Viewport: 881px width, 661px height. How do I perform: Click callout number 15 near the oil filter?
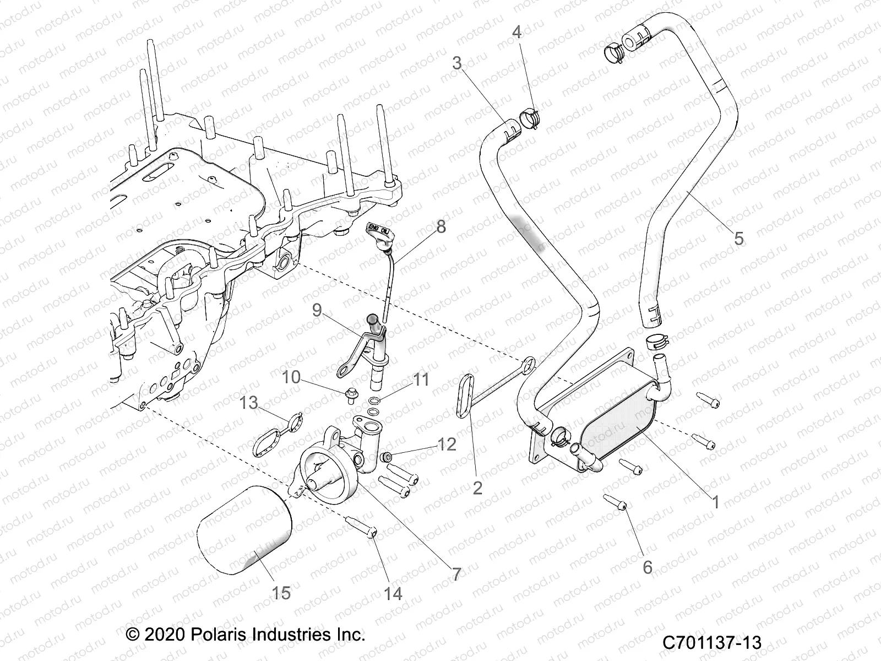[x=281, y=593]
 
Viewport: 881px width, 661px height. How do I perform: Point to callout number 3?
[x=457, y=63]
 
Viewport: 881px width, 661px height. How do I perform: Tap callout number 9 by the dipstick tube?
[x=317, y=311]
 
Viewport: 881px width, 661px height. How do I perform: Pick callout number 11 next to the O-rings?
[x=422, y=380]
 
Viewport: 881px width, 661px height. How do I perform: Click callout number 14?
[x=393, y=593]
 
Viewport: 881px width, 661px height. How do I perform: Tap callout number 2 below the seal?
[x=477, y=487]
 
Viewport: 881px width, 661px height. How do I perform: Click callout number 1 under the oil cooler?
[x=716, y=502]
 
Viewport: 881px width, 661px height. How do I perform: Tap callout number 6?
[x=648, y=566]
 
